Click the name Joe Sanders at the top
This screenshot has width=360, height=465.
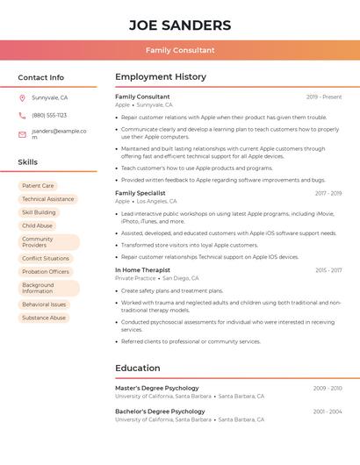(x=180, y=25)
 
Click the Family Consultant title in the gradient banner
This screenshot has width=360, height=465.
(x=180, y=50)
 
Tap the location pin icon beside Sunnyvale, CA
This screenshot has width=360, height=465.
(x=22, y=97)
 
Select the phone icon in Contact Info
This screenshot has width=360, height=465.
(x=22, y=115)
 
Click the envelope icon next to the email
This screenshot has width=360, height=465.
(x=22, y=134)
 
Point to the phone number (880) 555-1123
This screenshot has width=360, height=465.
(x=49, y=115)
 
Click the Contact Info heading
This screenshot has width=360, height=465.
(x=41, y=77)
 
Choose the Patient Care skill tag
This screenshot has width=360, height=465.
(x=38, y=186)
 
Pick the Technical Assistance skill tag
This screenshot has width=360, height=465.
(x=48, y=199)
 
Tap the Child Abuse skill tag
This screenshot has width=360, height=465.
(x=37, y=225)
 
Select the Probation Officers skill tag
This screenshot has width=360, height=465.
(x=46, y=272)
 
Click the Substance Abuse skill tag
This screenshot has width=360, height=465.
(x=44, y=318)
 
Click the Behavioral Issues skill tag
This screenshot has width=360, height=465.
(x=44, y=304)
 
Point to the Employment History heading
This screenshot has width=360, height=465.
(x=161, y=77)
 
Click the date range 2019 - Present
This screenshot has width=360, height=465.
(x=324, y=97)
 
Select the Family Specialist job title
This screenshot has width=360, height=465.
(x=140, y=193)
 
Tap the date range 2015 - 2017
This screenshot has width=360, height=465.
(x=328, y=270)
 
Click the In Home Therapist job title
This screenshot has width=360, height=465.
(x=142, y=270)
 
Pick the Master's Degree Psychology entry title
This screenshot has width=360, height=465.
(x=157, y=388)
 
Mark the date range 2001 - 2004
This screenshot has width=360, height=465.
(x=328, y=411)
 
